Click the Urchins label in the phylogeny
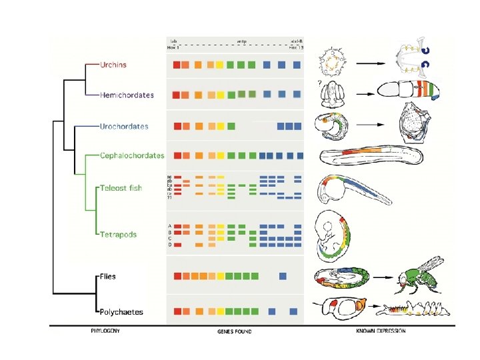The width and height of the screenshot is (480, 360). (x=113, y=65)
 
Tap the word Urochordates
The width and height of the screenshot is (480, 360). (x=124, y=126)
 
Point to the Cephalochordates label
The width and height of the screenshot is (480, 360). (x=132, y=156)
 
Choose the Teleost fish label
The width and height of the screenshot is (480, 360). (x=121, y=188)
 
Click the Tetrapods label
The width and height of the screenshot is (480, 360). (x=119, y=235)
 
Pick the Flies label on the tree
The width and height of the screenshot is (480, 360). (x=108, y=276)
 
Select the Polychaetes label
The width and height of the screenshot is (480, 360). (x=121, y=311)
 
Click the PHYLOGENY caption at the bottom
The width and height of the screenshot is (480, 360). (x=105, y=331)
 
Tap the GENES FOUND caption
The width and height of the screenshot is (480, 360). (x=235, y=331)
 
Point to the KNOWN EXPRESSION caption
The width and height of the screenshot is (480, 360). (x=381, y=331)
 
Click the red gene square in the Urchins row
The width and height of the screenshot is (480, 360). (x=177, y=65)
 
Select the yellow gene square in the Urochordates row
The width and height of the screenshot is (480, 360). (x=219, y=126)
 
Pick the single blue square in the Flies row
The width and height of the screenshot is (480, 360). (x=283, y=276)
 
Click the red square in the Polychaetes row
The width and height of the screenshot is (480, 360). (x=177, y=311)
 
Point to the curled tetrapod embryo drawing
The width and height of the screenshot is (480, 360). (x=334, y=235)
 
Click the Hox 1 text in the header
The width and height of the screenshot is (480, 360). (x=175, y=48)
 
